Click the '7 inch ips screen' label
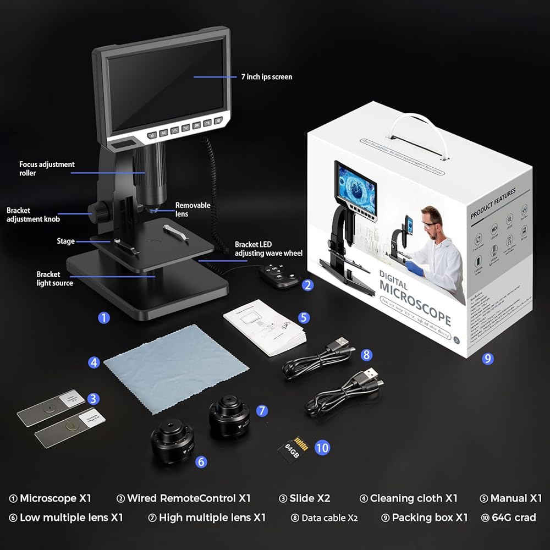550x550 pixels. (266, 77)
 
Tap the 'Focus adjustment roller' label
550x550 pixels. (47, 169)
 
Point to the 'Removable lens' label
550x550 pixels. (193, 210)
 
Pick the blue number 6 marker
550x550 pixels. (201, 462)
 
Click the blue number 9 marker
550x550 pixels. (487, 359)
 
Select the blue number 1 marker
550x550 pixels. (104, 317)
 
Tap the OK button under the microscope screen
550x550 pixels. (197, 126)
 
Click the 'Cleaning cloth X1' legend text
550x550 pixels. (414, 498)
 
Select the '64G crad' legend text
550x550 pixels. (513, 518)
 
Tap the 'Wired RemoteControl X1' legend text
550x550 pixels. (189, 498)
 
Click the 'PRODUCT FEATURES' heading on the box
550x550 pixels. (493, 204)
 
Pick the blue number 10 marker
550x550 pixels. (322, 448)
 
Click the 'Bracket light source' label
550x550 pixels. (54, 279)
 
